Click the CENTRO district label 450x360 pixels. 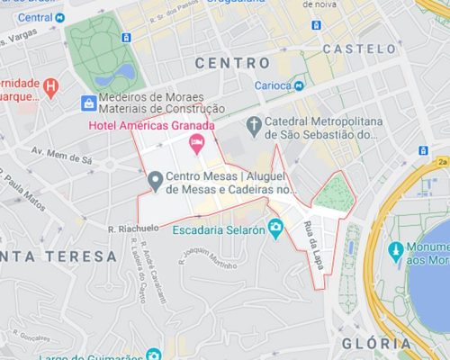[x=232, y=63]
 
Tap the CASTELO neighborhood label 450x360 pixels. [x=358, y=48]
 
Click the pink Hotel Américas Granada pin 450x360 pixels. [x=196, y=142]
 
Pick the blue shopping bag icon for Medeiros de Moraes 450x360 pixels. [x=88, y=103]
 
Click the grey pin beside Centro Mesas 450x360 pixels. [x=154, y=184]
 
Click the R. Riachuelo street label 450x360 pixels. [x=133, y=229]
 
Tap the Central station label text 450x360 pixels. [x=34, y=17]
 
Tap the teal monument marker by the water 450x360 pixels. [x=394, y=249]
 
